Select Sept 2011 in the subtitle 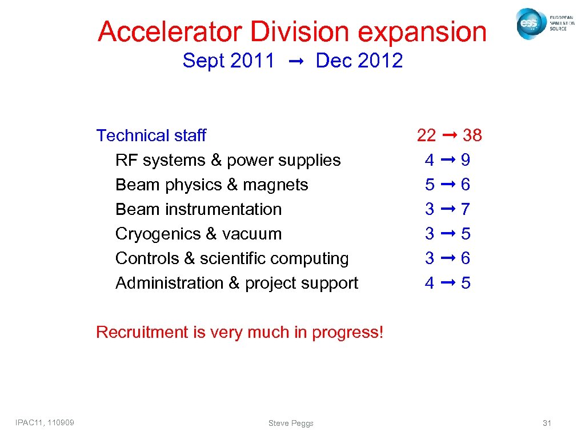(x=229, y=61)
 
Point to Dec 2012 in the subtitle (x=359, y=61)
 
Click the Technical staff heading (x=151, y=135)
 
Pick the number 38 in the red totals (x=472, y=135)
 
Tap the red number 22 (x=426, y=135)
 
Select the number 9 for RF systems (x=466, y=160)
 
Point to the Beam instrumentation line (x=198, y=209)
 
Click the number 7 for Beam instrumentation (x=466, y=209)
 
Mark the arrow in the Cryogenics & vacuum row (x=448, y=234)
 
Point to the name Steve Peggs (x=291, y=423)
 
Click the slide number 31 (x=547, y=423)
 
